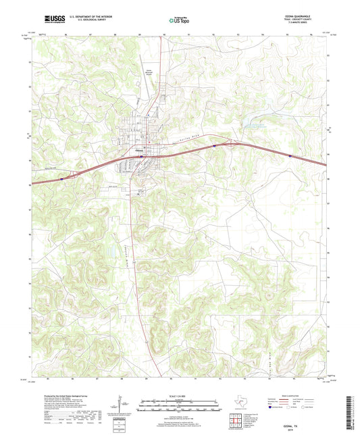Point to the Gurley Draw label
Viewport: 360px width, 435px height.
[185, 140]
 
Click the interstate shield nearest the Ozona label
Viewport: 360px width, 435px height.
[141, 156]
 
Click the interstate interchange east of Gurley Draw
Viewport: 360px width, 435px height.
[228, 143]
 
